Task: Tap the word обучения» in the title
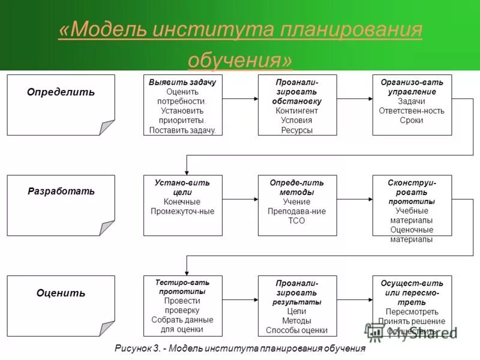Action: coord(240,59)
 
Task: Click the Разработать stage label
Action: coord(61,191)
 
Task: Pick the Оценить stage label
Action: coord(61,293)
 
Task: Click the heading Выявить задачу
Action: coord(182,82)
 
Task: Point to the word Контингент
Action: coord(297,111)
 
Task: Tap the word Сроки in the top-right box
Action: coord(411,120)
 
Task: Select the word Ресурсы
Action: coord(297,130)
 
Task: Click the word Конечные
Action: coord(182,202)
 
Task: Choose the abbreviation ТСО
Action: coord(297,221)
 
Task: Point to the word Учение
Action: coord(297,202)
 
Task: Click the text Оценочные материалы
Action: coord(411,235)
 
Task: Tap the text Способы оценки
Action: coord(297,331)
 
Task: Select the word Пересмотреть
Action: coord(412,312)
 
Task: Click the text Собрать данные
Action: coord(182,320)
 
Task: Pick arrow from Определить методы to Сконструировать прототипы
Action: coord(354,197)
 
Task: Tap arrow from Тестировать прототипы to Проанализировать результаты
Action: coord(239,298)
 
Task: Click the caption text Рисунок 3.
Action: coord(137,349)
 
